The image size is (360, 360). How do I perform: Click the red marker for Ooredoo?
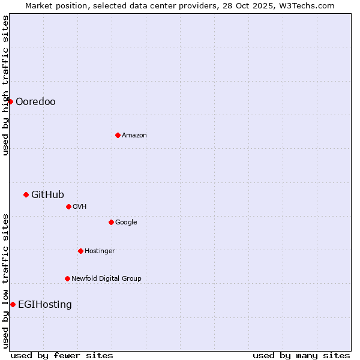tap(10, 101)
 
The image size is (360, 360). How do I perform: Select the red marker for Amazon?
tap(118, 135)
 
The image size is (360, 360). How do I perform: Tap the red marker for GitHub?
tap(26, 194)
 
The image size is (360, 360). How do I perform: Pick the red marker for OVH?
tap(68, 206)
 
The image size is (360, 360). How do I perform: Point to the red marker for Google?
tap(111, 222)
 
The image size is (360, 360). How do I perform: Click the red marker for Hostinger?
tap(80, 251)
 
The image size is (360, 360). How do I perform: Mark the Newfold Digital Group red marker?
tap(67, 278)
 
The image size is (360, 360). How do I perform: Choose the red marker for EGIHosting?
tap(13, 304)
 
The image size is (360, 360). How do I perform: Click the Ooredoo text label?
tap(35, 102)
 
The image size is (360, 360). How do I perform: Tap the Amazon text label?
tap(134, 136)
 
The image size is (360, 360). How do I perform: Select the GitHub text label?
tap(47, 194)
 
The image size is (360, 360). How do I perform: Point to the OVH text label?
tap(80, 207)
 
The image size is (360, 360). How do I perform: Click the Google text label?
tap(126, 223)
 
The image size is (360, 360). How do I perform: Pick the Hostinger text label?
tap(100, 251)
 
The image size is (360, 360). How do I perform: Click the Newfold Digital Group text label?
tap(106, 278)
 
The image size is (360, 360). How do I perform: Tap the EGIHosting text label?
tap(45, 305)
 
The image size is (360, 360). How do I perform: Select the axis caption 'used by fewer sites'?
tap(62, 355)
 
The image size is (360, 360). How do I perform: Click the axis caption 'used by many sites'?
tap(301, 355)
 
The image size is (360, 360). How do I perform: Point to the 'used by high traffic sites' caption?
tap(5, 85)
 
